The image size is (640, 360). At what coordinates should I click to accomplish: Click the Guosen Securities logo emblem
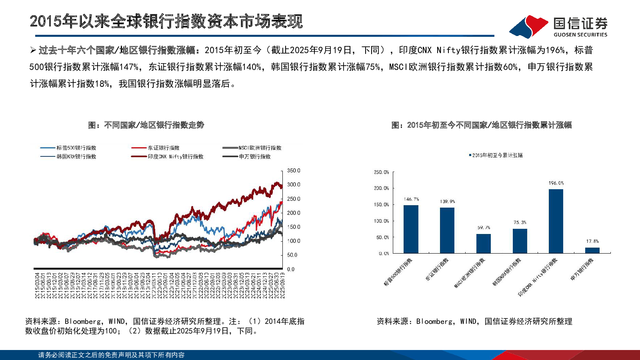[x=529, y=26]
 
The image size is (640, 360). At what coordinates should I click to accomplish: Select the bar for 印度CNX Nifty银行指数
[x=556, y=221]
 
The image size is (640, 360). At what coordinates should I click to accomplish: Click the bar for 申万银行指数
[x=592, y=250]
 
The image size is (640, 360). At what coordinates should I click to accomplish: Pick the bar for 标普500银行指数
[x=411, y=229]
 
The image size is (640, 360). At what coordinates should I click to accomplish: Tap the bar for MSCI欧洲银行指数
[x=483, y=244]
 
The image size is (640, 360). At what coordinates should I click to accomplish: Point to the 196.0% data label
[x=556, y=183]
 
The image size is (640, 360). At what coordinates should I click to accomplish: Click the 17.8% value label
[x=592, y=241]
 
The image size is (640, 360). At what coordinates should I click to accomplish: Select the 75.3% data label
[x=520, y=222]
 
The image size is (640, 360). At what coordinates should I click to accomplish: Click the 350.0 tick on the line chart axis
[x=294, y=171]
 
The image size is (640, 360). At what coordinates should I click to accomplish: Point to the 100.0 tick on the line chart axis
[x=294, y=241]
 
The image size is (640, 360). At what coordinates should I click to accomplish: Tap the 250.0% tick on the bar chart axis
[x=381, y=172]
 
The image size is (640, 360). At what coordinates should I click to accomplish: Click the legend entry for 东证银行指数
[x=164, y=148]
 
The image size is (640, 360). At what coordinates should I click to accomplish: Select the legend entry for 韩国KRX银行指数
[x=76, y=157]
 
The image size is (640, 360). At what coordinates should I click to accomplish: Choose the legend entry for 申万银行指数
[x=255, y=157]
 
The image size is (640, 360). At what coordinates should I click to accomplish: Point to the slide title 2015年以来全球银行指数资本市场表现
[x=166, y=21]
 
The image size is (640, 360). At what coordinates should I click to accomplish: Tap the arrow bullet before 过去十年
[x=33, y=50]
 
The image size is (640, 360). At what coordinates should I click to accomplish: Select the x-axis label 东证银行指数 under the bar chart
[x=437, y=269]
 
